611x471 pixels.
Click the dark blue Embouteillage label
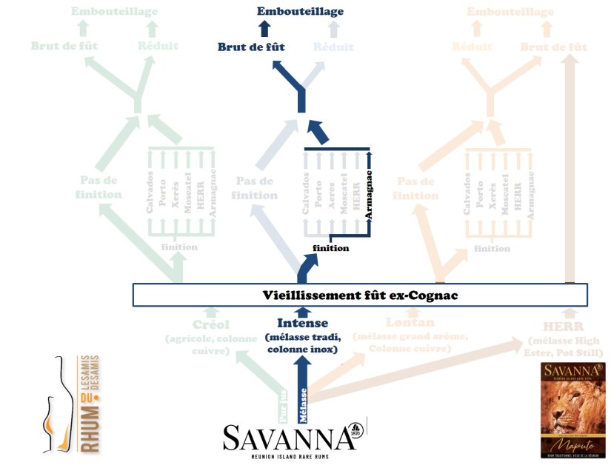point(300,11)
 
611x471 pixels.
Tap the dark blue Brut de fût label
point(251,47)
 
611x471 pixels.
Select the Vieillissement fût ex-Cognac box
point(360,295)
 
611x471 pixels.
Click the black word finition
point(330,248)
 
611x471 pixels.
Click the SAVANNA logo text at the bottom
point(290,438)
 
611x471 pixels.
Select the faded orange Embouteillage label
point(510,11)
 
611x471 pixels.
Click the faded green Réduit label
point(158,46)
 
